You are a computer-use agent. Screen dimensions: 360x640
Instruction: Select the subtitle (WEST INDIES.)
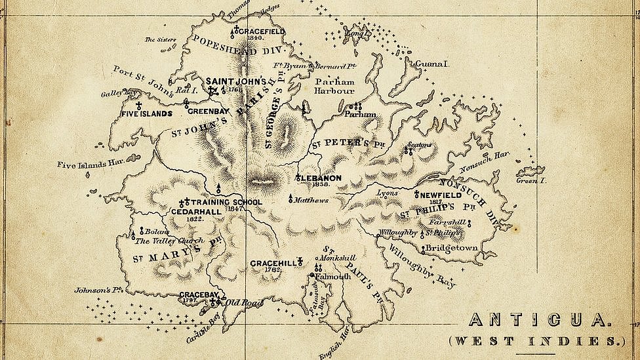click(x=536, y=341)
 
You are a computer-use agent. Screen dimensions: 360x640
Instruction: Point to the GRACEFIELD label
click(x=261, y=31)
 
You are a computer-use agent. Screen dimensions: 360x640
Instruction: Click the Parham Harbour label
click(x=334, y=86)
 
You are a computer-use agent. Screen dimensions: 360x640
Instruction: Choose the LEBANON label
click(x=321, y=178)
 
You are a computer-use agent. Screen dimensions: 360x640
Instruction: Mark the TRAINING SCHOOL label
click(x=226, y=202)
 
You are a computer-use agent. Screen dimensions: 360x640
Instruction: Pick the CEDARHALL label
click(x=196, y=212)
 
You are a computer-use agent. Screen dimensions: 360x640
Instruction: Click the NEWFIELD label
click(x=440, y=195)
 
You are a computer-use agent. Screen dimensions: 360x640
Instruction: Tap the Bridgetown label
click(x=451, y=249)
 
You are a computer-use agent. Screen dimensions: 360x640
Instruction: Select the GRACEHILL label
click(x=273, y=263)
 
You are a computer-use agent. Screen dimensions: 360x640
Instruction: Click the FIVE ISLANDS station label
click(x=146, y=113)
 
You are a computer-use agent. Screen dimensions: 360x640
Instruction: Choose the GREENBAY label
click(x=208, y=111)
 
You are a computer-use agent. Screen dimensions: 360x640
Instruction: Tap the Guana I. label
click(x=431, y=64)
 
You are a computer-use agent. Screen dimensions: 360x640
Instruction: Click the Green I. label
click(x=530, y=180)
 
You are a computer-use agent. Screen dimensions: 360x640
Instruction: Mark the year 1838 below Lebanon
click(x=321, y=185)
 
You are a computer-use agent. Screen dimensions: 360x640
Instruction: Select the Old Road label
click(x=243, y=302)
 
